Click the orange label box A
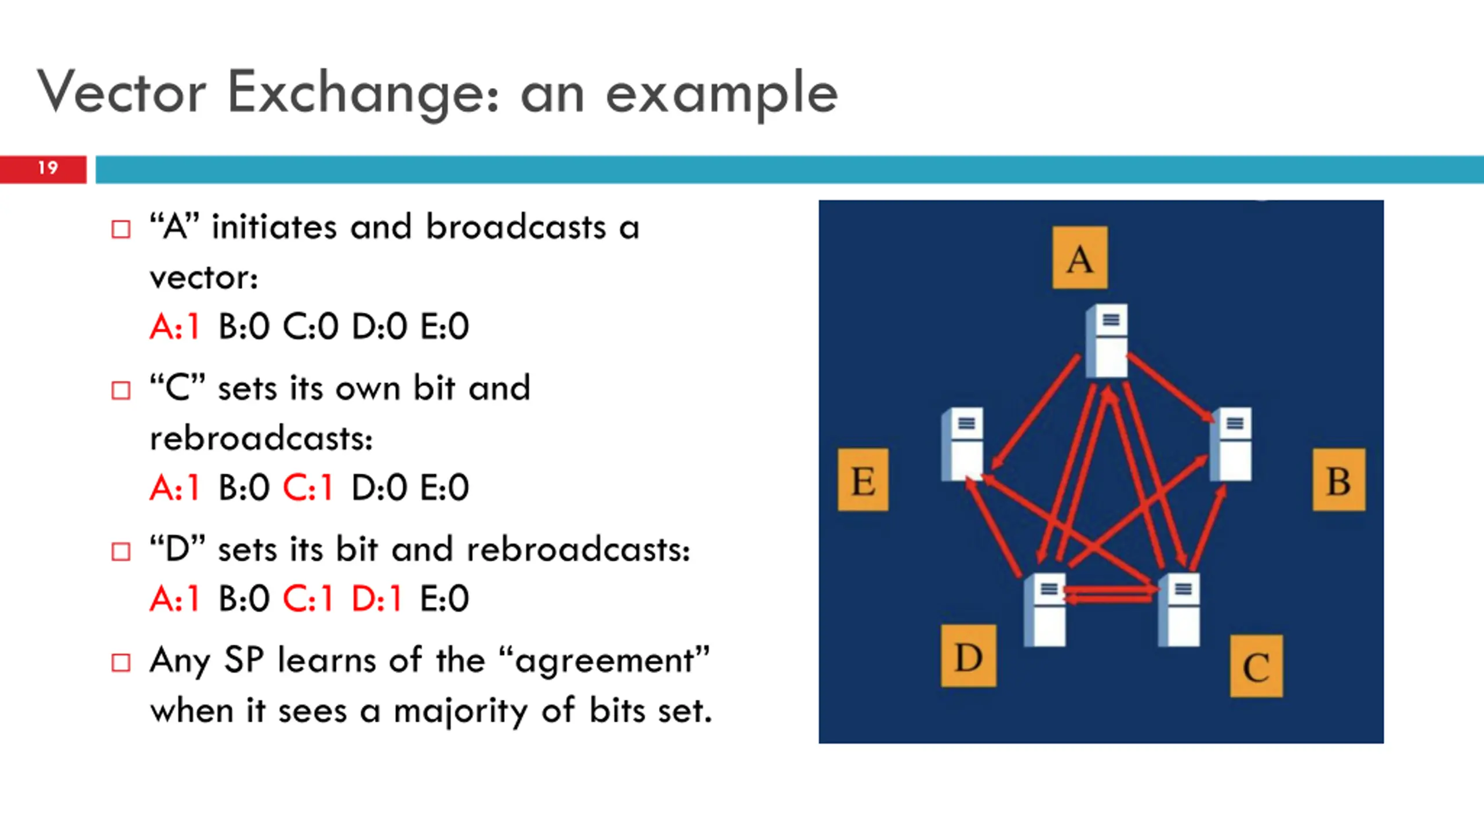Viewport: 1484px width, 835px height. pos(1080,257)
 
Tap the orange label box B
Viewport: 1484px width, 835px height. pos(1338,480)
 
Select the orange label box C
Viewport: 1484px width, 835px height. pos(1256,666)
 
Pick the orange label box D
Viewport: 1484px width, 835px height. pos(969,656)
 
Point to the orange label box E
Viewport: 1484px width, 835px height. pos(863,480)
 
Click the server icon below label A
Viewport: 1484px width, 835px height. pos(1107,340)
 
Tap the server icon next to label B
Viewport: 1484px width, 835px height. pos(1231,445)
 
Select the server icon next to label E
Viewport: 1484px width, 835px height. pos(962,445)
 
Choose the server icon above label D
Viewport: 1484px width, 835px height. pos(1045,609)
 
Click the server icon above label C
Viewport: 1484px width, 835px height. pos(1179,609)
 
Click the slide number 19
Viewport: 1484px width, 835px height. pos(48,168)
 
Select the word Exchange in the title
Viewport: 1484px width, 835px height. pos(363,93)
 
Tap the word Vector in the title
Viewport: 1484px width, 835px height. pos(122,93)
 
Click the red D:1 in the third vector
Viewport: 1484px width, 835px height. pos(377,598)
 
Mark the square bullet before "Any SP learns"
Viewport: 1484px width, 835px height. pos(121,662)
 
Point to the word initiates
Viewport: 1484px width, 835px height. pos(274,227)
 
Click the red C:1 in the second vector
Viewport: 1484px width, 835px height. pos(308,487)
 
